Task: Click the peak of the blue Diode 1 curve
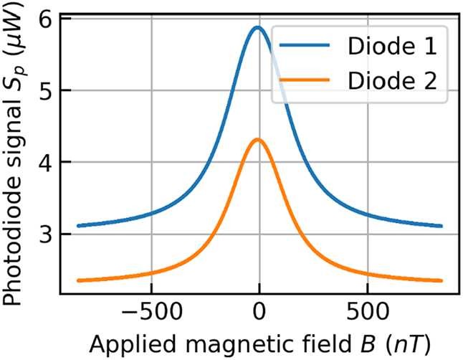257,28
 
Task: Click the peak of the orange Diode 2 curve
257,139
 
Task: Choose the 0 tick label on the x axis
259,312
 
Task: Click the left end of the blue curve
78,225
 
